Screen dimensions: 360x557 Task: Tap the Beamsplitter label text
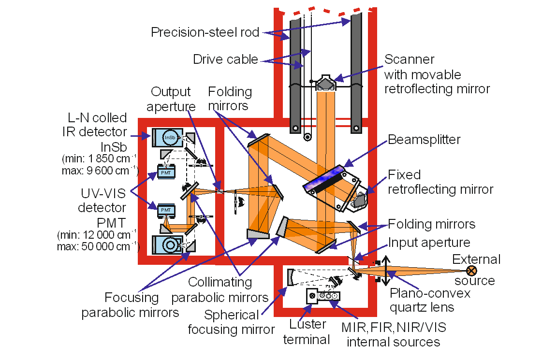click(423, 139)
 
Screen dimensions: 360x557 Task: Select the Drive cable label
click(225, 60)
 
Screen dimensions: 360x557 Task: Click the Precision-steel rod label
click(205, 33)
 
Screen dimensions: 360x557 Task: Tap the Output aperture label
click(171, 99)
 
